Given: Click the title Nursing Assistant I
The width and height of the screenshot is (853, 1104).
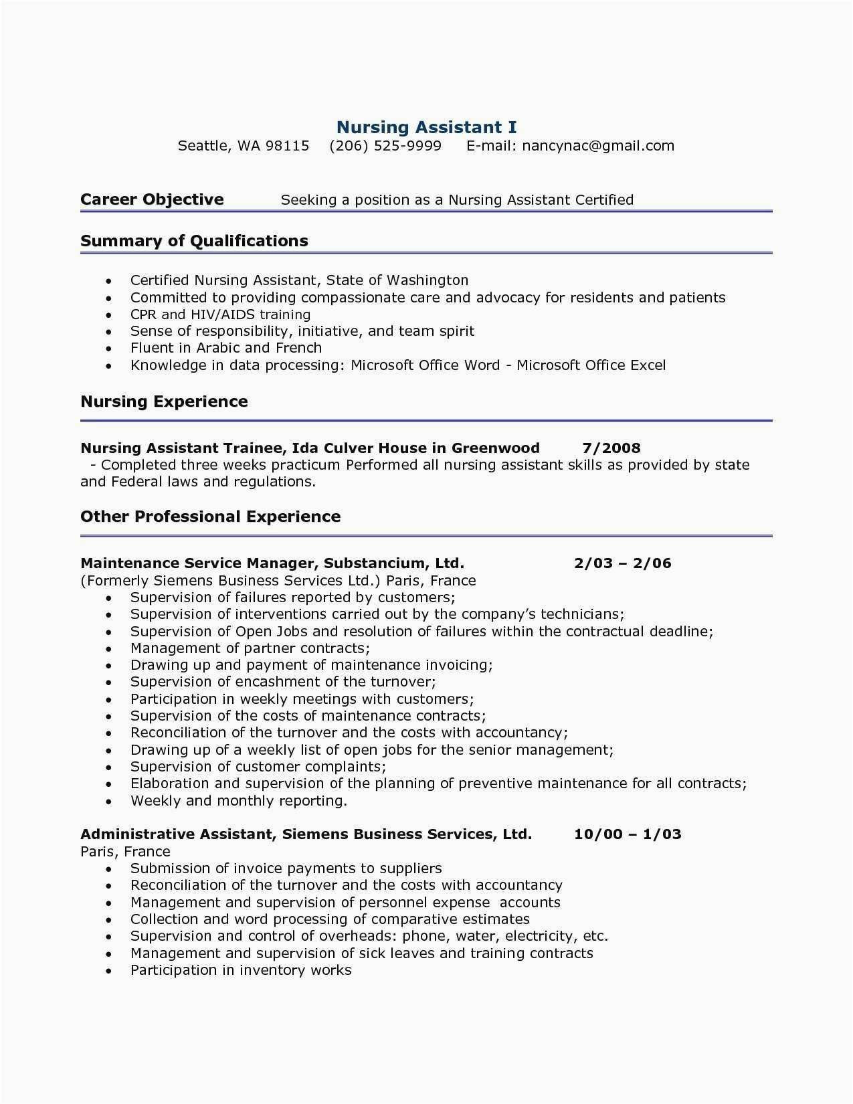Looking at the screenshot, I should (x=426, y=127).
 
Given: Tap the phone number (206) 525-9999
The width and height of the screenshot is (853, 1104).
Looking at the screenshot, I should (x=385, y=146).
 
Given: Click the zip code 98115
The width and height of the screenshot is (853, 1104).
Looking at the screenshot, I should (x=287, y=146).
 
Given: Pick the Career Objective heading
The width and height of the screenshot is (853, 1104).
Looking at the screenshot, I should (x=152, y=199).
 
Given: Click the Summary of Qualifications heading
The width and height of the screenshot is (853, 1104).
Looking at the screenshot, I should (x=194, y=241).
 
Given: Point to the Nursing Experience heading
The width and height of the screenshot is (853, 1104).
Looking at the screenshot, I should (x=164, y=401).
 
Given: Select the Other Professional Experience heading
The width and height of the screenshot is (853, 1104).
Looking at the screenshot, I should (x=210, y=517).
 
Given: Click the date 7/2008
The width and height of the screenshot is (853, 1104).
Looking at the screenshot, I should (x=611, y=448).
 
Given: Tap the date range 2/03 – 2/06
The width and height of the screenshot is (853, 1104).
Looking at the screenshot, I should (x=622, y=563).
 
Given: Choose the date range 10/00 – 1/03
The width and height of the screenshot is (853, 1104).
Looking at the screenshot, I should (x=628, y=834).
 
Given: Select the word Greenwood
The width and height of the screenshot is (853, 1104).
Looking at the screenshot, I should (x=495, y=448).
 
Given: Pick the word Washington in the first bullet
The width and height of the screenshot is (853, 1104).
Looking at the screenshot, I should (x=428, y=280).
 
